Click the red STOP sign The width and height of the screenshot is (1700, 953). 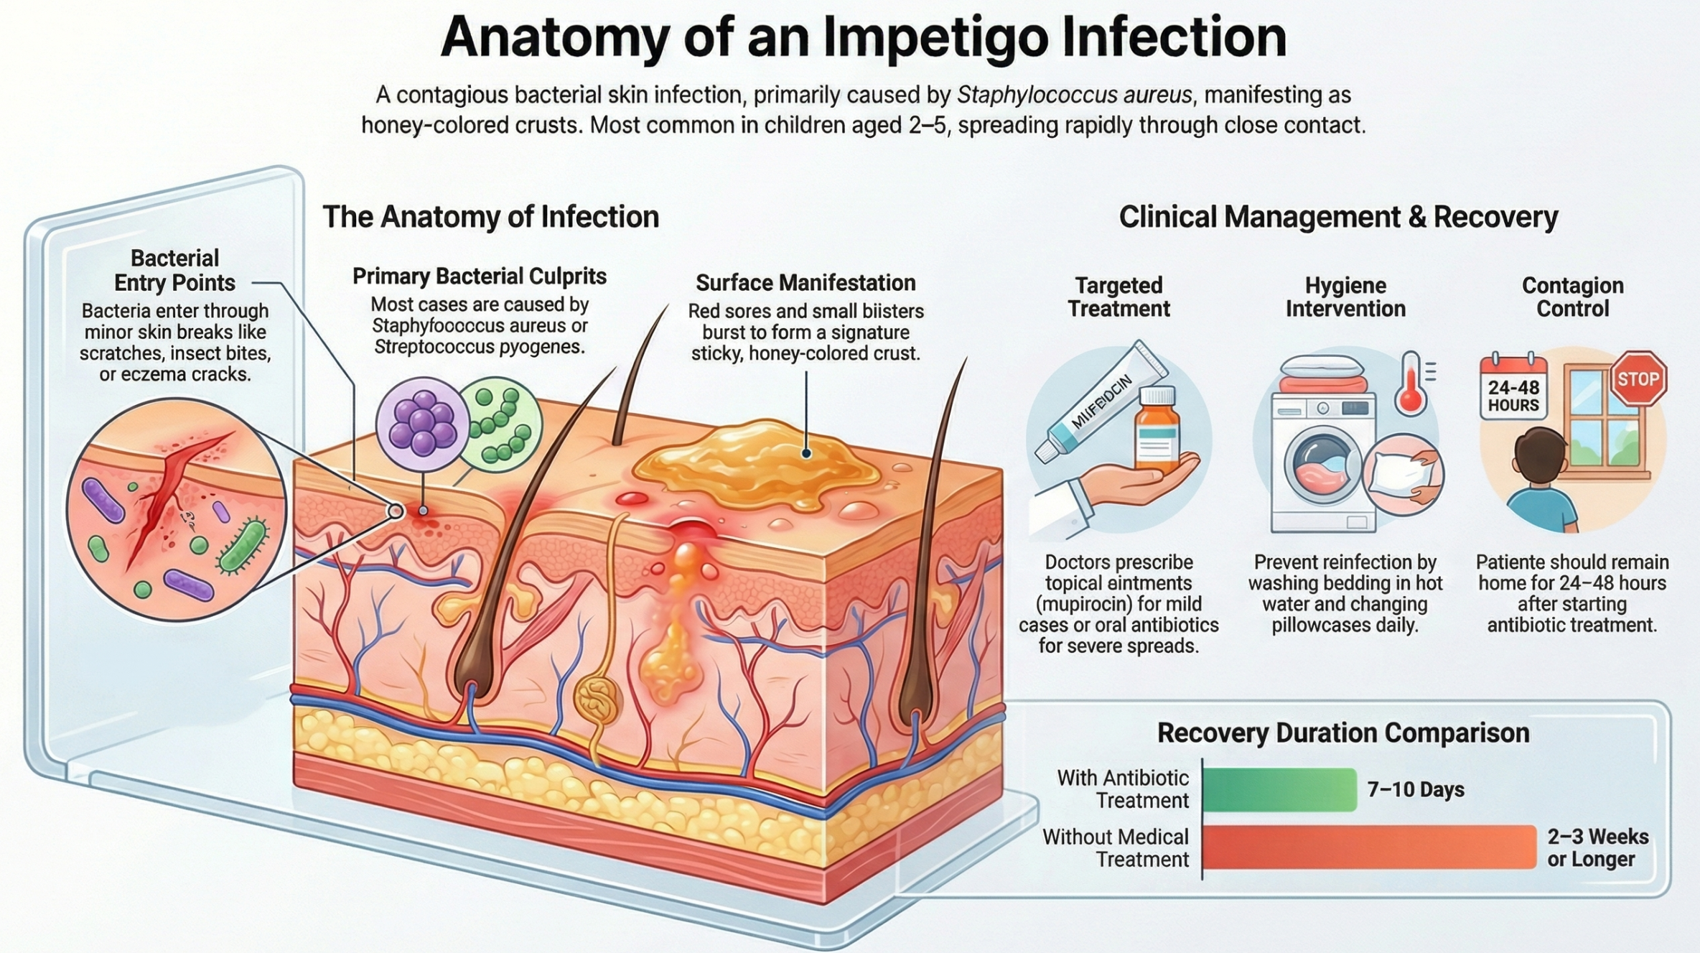click(x=1638, y=378)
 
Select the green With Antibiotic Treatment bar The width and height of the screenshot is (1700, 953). click(x=1279, y=789)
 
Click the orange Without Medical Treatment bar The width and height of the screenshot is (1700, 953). click(x=1368, y=847)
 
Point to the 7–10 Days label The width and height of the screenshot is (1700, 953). click(x=1415, y=789)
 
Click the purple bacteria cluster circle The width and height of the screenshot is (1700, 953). click(x=422, y=424)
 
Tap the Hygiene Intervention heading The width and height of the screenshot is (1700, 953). click(x=1345, y=297)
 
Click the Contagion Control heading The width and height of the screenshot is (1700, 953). click(x=1572, y=297)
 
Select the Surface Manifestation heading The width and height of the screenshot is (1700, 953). click(x=805, y=283)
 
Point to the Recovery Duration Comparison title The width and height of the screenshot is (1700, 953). click(x=1342, y=733)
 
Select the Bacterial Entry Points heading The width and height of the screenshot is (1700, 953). click(x=174, y=270)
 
